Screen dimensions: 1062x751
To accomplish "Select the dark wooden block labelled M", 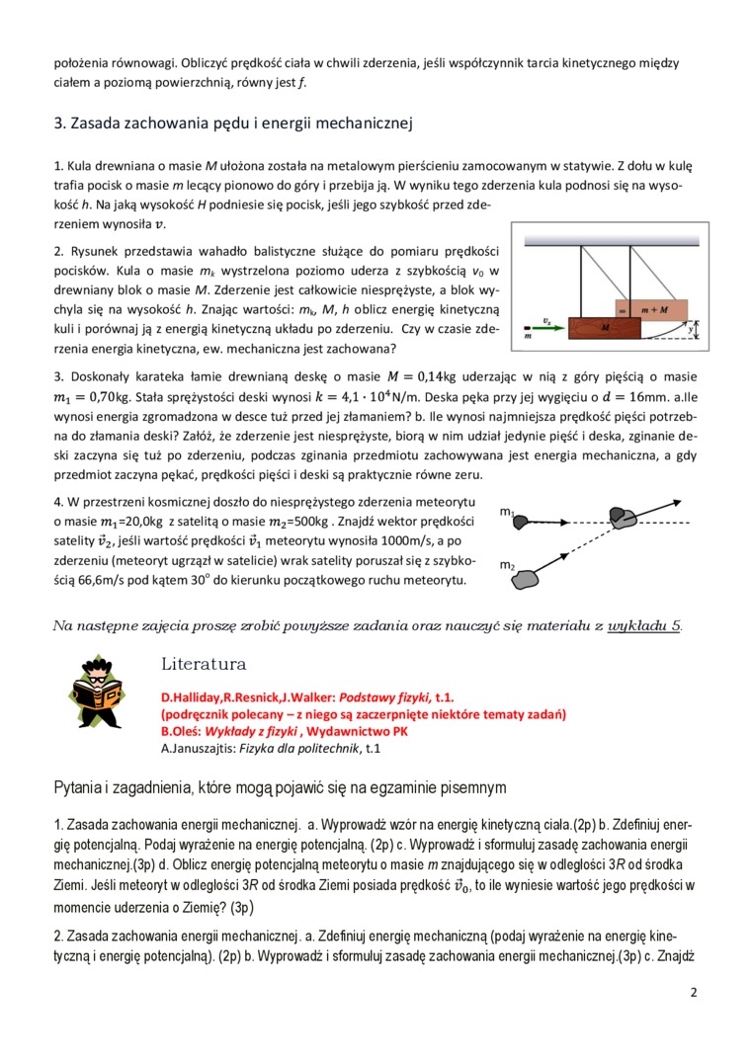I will tap(604, 327).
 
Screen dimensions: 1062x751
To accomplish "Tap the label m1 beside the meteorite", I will tap(507, 513).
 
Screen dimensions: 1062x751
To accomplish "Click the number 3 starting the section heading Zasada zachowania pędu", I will tap(58, 123).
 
